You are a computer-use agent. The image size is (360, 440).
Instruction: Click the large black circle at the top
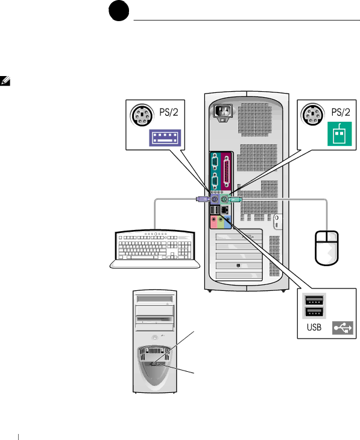click(x=119, y=11)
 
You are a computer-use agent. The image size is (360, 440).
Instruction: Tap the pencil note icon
click(x=5, y=81)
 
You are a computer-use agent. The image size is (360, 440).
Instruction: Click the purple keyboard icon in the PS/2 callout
click(x=165, y=138)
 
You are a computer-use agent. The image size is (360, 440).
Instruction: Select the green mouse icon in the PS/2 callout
click(x=339, y=134)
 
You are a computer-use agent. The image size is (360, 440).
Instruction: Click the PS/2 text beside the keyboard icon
click(x=169, y=112)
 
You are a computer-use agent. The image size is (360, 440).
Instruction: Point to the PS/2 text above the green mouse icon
click(x=341, y=112)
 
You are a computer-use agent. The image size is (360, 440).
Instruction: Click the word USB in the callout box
click(x=314, y=327)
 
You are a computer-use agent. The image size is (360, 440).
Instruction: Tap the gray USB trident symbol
click(x=343, y=328)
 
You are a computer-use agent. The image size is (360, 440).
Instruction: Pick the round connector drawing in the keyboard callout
click(x=142, y=116)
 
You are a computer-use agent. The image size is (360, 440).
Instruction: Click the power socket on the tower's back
click(x=223, y=112)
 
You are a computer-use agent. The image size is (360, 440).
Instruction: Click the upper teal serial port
click(x=215, y=162)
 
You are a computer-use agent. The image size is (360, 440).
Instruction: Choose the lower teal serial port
click(x=215, y=182)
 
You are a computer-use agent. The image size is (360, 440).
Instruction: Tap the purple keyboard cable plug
click(x=203, y=199)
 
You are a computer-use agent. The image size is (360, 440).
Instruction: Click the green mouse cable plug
click(x=235, y=200)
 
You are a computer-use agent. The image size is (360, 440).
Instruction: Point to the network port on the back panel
click(x=224, y=209)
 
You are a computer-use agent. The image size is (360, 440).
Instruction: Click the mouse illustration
click(x=327, y=248)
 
